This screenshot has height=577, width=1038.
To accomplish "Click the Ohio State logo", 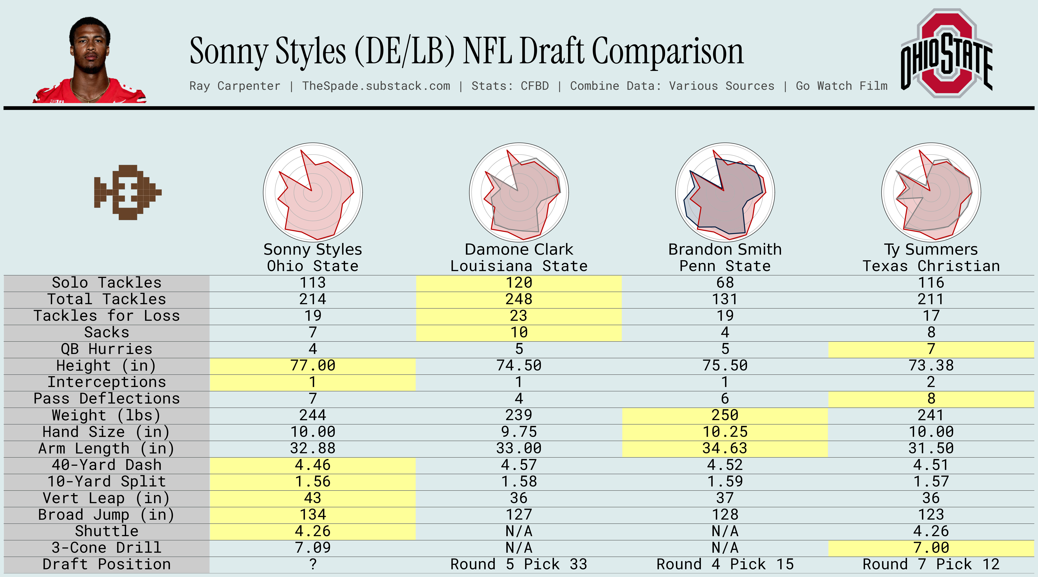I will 946,54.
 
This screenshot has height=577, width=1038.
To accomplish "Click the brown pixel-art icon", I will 127,192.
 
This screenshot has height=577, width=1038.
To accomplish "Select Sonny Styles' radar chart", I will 313,192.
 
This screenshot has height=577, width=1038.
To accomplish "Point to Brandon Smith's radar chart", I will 725,192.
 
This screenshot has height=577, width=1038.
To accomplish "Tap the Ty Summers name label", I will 931,249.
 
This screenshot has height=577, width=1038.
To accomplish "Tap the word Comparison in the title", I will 668,52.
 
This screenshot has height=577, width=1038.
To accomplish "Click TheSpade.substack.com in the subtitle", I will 376,86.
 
